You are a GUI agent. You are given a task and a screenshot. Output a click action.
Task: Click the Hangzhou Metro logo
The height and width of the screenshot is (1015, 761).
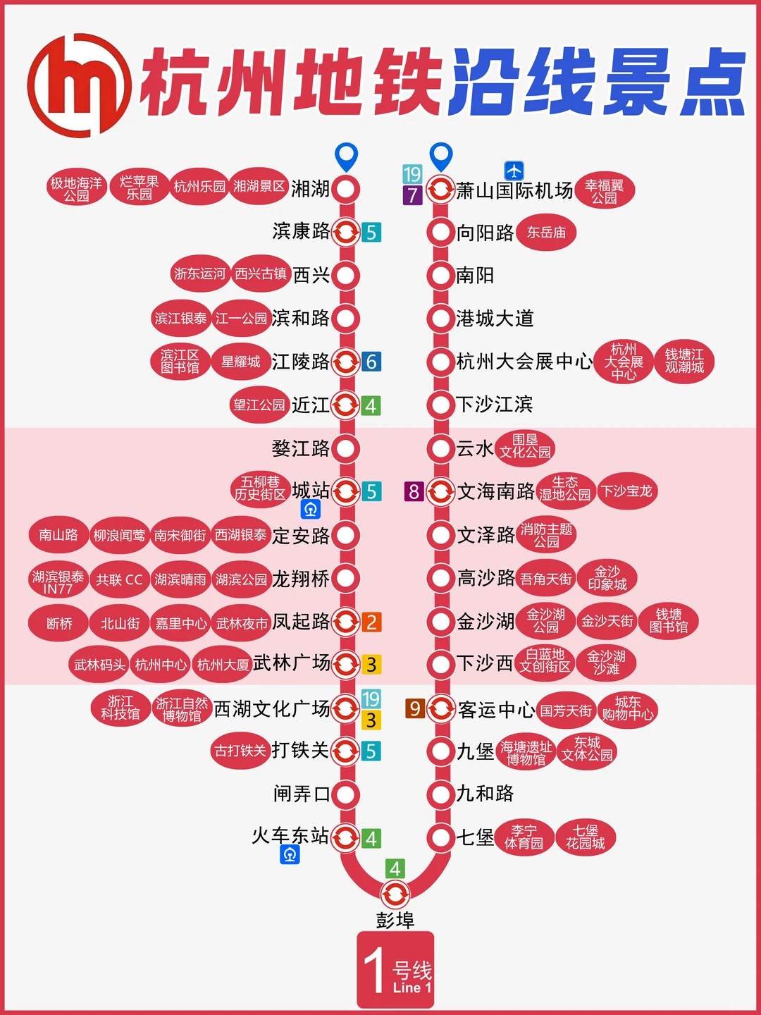tap(79, 85)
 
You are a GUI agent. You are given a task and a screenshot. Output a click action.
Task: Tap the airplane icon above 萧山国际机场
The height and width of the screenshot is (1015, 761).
tap(514, 171)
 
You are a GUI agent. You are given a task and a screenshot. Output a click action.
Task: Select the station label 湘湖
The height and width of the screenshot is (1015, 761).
tap(310, 189)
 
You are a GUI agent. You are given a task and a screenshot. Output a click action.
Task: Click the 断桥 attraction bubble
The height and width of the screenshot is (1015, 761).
tap(59, 623)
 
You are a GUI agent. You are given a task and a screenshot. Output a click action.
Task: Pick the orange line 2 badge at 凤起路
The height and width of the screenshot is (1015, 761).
tap(371, 622)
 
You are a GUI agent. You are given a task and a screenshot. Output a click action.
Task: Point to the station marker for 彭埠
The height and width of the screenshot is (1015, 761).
tap(395, 895)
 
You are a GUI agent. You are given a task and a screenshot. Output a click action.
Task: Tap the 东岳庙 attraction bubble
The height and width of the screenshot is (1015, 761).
tap(546, 233)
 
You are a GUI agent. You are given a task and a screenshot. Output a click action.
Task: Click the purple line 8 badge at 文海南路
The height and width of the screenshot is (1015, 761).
tap(414, 491)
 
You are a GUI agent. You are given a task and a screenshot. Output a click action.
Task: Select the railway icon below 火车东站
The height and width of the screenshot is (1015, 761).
tap(290, 855)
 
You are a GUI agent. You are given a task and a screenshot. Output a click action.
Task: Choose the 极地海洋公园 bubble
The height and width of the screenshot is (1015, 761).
tap(76, 189)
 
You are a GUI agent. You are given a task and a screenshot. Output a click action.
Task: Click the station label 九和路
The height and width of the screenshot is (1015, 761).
tap(485, 794)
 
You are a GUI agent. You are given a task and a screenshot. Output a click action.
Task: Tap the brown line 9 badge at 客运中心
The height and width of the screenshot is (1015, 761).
tap(415, 708)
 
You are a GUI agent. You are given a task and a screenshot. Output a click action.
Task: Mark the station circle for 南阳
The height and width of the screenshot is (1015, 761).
tap(440, 276)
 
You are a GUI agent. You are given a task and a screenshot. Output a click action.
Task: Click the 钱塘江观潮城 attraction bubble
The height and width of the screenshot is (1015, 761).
tap(684, 362)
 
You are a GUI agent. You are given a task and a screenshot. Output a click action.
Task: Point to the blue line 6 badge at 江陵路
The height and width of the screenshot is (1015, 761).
tap(371, 362)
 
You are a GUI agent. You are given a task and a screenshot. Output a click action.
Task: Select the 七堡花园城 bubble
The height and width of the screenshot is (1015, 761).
tap(585, 837)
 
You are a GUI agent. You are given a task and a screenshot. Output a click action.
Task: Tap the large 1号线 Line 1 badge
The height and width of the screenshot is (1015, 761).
tap(395, 970)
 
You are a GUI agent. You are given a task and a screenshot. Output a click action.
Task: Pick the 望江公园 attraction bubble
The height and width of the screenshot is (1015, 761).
tap(259, 405)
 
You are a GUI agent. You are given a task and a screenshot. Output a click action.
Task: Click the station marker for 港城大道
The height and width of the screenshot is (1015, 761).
tap(440, 319)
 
